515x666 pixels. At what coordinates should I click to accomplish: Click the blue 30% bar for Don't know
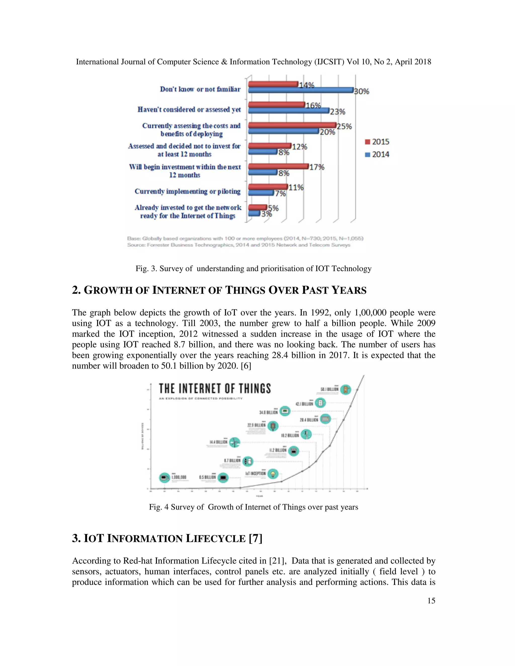(x=301, y=90)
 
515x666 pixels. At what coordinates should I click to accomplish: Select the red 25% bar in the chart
(x=292, y=125)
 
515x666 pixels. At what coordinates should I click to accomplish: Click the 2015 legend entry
(x=377, y=142)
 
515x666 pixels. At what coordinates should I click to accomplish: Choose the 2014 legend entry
(x=377, y=155)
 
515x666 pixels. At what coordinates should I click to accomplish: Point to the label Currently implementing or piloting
(x=187, y=191)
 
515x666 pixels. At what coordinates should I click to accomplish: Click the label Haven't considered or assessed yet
(x=189, y=110)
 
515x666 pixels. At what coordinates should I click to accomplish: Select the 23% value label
(x=337, y=112)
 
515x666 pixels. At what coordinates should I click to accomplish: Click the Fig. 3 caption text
(x=253, y=269)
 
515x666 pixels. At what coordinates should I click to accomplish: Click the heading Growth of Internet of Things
(x=219, y=290)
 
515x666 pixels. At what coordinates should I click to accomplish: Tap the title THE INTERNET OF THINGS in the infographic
(x=215, y=389)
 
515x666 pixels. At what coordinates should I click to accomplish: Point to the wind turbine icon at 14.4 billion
(x=234, y=442)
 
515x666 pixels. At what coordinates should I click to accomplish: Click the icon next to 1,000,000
(x=164, y=478)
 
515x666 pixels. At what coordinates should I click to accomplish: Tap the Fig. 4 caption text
(x=253, y=507)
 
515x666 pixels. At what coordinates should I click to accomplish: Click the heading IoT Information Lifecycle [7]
(x=167, y=539)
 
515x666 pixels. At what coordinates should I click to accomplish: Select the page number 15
(x=431, y=601)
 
